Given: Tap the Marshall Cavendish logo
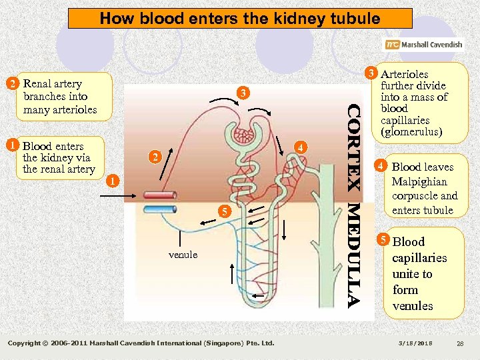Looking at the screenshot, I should click(x=423, y=45).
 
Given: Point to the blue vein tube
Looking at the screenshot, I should click(x=159, y=209).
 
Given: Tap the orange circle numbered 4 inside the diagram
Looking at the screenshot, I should click(x=301, y=147).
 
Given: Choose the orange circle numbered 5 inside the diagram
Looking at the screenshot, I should click(x=225, y=212).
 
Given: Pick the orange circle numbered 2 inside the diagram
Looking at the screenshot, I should click(x=154, y=158).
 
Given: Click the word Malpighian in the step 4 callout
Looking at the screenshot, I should click(x=419, y=181).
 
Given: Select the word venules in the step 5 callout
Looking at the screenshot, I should click(x=413, y=306).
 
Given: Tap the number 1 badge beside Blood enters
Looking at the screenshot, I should click(x=11, y=145).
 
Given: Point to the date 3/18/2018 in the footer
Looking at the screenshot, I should click(x=415, y=343).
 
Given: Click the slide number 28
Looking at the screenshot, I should click(x=459, y=343).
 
